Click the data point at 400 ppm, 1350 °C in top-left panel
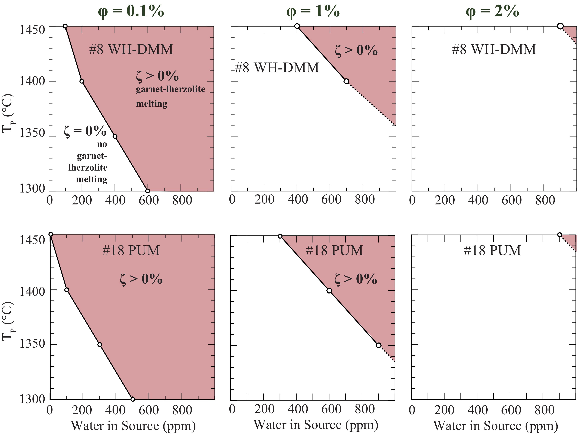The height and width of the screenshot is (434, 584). click(x=115, y=136)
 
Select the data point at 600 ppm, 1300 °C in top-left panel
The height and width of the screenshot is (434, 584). click(x=147, y=191)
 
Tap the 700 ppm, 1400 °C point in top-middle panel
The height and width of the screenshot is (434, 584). click(x=346, y=81)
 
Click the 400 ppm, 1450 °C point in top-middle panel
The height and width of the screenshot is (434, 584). click(x=297, y=26)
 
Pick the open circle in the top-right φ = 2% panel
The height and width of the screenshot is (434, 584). click(x=560, y=26)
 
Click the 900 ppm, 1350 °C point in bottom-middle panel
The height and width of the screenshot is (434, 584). click(x=378, y=345)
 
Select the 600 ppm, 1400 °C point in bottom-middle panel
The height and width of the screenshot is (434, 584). click(x=329, y=291)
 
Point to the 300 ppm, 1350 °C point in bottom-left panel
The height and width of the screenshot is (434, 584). click(x=100, y=344)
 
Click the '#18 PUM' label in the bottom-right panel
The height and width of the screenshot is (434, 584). click(x=492, y=250)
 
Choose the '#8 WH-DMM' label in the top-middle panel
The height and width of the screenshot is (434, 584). click(x=277, y=68)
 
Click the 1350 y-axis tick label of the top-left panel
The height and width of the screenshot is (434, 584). click(x=32, y=133)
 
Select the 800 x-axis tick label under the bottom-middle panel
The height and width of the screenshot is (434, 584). click(x=365, y=409)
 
